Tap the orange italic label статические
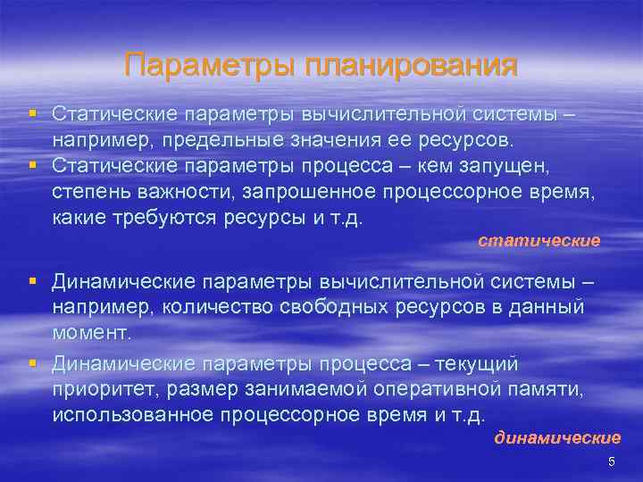(x=539, y=241)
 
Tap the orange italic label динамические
(x=558, y=437)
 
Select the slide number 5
(x=612, y=461)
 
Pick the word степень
(x=90, y=193)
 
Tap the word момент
(x=91, y=333)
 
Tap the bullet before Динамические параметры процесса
(x=32, y=363)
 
